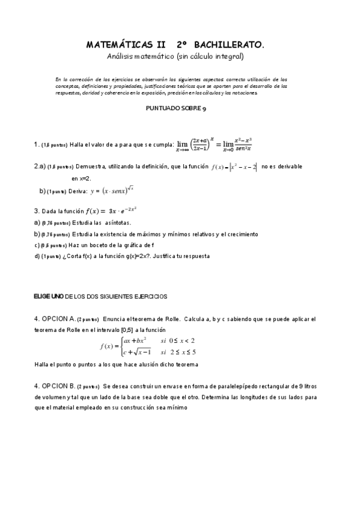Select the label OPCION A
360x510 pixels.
[59, 319]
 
